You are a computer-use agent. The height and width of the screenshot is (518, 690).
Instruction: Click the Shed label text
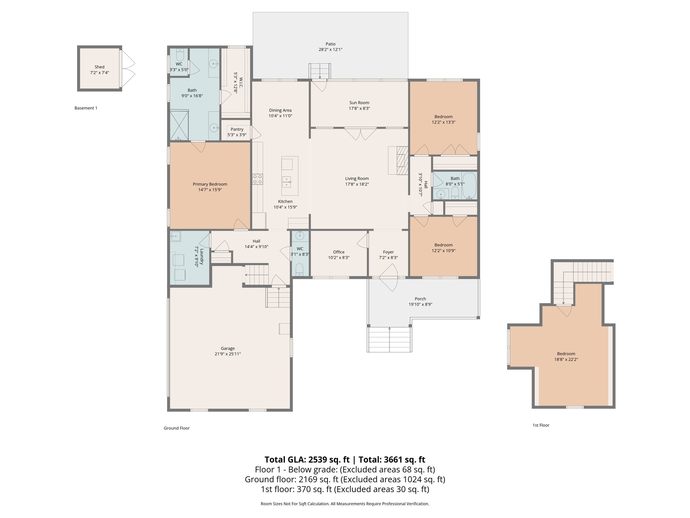click(99, 67)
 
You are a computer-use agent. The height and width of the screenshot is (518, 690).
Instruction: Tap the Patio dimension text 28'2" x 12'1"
click(330, 50)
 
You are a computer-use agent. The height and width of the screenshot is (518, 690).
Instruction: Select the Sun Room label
click(359, 103)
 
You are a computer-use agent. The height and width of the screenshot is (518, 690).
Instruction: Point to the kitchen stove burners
click(258, 179)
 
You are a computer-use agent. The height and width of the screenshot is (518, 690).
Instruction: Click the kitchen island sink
click(286, 182)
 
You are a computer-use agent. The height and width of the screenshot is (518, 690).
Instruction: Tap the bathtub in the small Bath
click(469, 185)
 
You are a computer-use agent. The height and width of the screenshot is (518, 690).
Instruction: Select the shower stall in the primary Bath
click(179, 125)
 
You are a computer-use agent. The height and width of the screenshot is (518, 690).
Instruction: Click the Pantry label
click(237, 129)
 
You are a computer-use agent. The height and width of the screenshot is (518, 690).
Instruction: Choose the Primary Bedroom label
click(210, 184)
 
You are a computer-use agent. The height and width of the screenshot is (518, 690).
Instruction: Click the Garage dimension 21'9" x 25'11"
click(228, 354)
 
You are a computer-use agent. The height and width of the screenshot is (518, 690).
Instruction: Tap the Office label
click(339, 252)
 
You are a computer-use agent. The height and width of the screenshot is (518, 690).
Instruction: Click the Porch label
click(420, 299)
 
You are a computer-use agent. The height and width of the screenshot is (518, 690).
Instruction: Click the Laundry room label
click(201, 257)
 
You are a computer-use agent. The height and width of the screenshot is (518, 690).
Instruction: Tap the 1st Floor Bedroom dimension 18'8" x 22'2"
click(566, 359)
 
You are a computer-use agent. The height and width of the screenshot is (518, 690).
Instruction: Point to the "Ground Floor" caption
click(177, 428)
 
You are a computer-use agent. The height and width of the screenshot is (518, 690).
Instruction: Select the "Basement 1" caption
click(86, 108)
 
